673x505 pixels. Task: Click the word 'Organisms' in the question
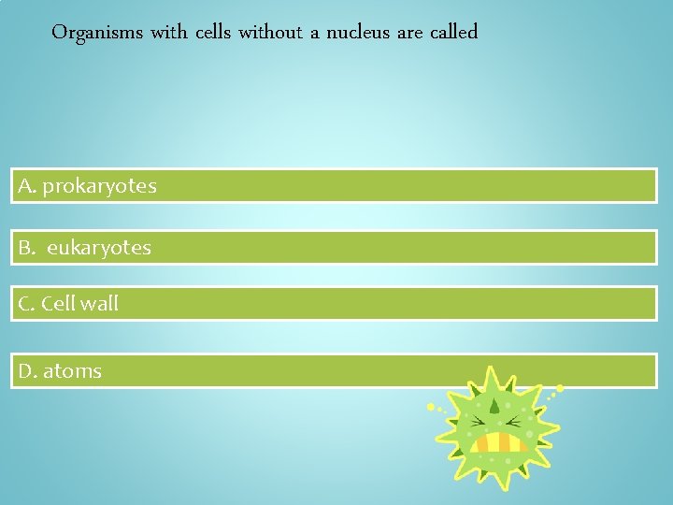pyautogui.click(x=97, y=33)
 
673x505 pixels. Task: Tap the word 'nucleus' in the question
pyautogui.click(x=359, y=33)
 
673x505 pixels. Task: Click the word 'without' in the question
pyautogui.click(x=270, y=33)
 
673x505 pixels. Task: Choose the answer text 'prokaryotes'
pyautogui.click(x=99, y=186)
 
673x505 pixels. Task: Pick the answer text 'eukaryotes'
pyautogui.click(x=98, y=248)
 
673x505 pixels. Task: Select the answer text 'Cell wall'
pyautogui.click(x=81, y=304)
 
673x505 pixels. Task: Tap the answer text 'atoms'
pyautogui.click(x=72, y=371)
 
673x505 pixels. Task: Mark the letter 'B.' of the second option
pyautogui.click(x=26, y=248)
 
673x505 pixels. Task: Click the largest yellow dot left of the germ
pyautogui.click(x=431, y=408)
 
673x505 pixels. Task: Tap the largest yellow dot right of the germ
pyautogui.click(x=560, y=387)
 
